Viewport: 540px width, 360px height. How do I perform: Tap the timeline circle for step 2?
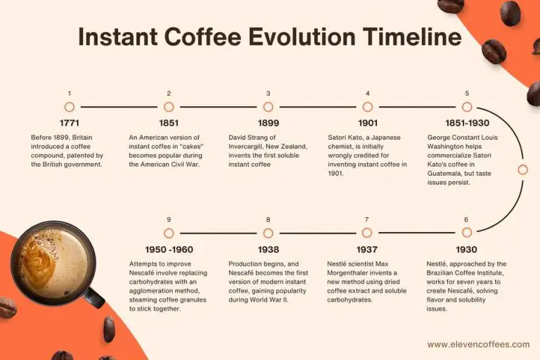(x=169, y=107)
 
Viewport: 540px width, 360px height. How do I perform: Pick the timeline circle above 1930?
(x=467, y=233)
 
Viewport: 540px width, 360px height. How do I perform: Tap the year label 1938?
(x=268, y=250)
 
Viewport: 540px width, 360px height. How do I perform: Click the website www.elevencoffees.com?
(x=478, y=345)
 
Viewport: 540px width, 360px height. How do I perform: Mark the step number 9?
(x=169, y=219)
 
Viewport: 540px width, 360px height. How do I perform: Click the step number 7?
(x=367, y=219)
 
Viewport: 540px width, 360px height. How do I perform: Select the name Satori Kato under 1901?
(x=349, y=137)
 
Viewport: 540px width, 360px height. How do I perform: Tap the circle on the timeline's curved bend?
(x=522, y=169)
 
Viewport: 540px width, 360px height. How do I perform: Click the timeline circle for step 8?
(x=268, y=233)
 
